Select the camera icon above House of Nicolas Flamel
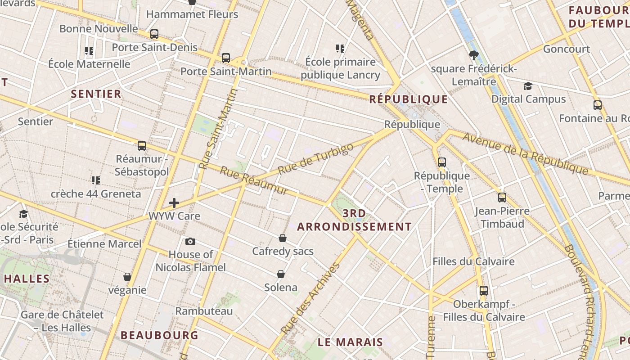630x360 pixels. (190, 242)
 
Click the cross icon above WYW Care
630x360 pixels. (174, 203)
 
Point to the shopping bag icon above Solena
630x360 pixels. (281, 274)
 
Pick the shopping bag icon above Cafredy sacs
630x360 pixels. (283, 238)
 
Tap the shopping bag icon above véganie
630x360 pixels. (127, 277)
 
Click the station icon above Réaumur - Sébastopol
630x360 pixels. (142, 146)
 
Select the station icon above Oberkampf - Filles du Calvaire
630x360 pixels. (484, 291)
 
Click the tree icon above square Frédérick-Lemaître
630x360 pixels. (473, 55)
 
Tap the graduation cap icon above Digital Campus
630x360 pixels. (528, 86)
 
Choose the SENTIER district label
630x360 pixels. (96, 94)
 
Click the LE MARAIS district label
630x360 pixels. (350, 342)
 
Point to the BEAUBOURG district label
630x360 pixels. (159, 335)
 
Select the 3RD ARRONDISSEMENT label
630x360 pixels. (354, 220)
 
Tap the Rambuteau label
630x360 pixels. (204, 311)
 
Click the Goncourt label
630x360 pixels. (567, 49)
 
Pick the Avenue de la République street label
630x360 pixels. (525, 153)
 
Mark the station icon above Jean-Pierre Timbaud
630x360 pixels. (502, 197)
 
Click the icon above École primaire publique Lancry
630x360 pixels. (340, 48)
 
